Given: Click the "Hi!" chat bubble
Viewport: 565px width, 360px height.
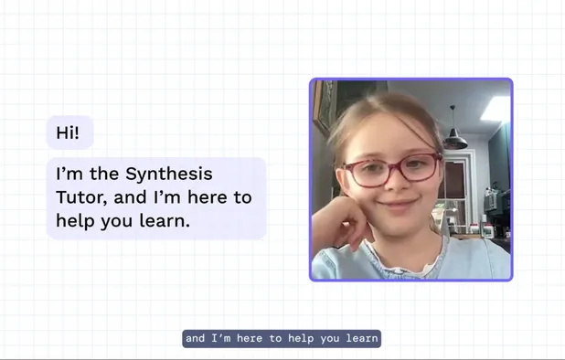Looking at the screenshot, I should point(69,132).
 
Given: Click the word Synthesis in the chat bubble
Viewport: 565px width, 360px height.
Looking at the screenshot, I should point(168,174).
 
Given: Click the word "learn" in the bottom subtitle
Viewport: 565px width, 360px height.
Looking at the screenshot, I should point(363,339).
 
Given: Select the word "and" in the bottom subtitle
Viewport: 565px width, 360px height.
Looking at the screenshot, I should point(195,339).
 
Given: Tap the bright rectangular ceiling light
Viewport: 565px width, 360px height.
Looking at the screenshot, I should point(496,108).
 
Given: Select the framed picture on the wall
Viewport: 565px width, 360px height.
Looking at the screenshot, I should point(322,110).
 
